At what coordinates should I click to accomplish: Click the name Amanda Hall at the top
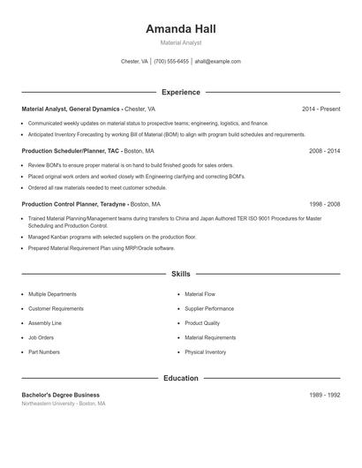pos(181,28)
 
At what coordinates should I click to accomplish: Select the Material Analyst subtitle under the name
pos(181,42)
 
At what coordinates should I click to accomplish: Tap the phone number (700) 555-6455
pos(171,62)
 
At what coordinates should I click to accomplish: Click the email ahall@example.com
pos(217,62)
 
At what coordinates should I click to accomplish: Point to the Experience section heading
pos(181,92)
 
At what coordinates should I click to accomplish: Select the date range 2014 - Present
pos(321,109)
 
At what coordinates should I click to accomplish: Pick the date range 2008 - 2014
pos(324,151)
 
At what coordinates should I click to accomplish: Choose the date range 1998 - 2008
pos(324,203)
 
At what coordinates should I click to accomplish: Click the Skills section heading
pos(181,275)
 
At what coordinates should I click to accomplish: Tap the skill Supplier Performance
pos(209,309)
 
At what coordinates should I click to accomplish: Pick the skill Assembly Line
pos(45,323)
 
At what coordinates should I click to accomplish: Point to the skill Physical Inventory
pos(206,352)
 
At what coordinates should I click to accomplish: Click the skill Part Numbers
pos(44,352)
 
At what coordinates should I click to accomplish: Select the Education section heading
pos(181,378)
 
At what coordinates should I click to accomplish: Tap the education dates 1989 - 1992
pos(324,395)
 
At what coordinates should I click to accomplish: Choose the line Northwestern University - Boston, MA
pos(64,404)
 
